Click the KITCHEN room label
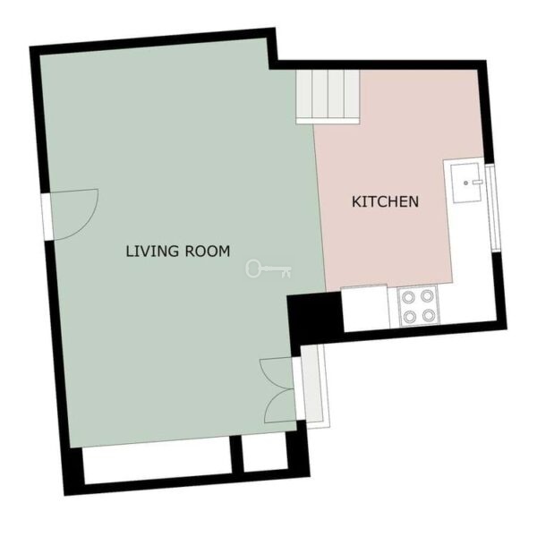[x=385, y=201]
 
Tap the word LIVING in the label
[x=153, y=251]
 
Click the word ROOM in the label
[x=208, y=251]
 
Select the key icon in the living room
[x=268, y=268]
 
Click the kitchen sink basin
[x=467, y=183]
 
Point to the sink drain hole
[x=465, y=183]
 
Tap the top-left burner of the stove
[x=409, y=297]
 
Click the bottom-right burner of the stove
[x=429, y=315]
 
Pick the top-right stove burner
[x=428, y=296]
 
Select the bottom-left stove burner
[x=410, y=317]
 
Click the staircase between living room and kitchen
[x=328, y=97]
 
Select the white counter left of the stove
[x=366, y=308]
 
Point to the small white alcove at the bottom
[x=265, y=452]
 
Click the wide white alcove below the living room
[x=158, y=462]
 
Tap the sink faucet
[x=477, y=183]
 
